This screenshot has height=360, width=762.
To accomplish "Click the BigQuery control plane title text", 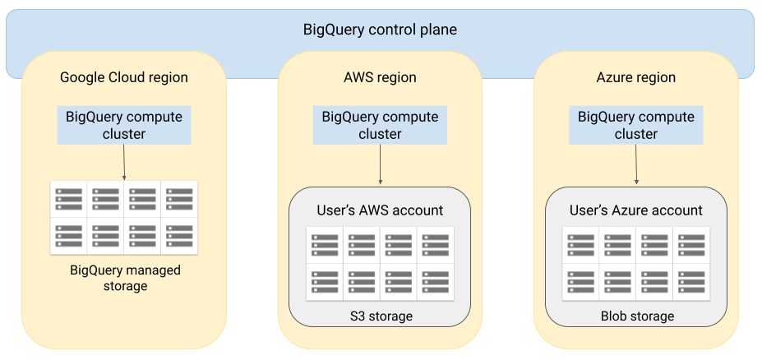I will (380, 30).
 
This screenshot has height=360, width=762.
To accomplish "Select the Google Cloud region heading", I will (124, 78).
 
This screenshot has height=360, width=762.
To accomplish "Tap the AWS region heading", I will (380, 78).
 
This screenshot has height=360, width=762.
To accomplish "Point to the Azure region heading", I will (635, 78).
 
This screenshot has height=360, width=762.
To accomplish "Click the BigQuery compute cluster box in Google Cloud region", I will (124, 125).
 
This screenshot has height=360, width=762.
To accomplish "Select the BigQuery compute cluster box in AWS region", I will (380, 125).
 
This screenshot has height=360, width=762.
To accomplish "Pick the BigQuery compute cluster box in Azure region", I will (635, 125).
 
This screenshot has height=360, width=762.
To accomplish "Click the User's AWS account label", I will (380, 210).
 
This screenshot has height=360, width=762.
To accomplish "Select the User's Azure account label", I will (636, 210).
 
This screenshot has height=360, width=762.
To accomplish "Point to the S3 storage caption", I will (380, 316).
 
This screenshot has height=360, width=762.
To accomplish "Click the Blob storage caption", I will (637, 316).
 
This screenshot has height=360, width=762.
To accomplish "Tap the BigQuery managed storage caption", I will (125, 278).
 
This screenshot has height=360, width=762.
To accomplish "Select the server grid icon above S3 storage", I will (380, 263).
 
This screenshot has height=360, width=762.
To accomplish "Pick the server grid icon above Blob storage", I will (636, 263).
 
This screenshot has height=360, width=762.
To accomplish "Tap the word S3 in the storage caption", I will (356, 316).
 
